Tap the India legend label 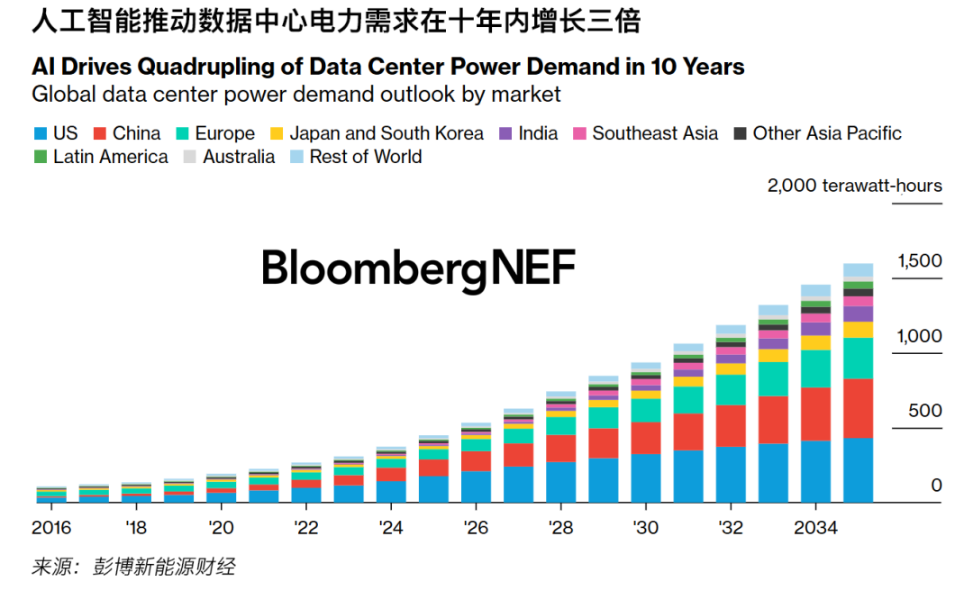[538, 133]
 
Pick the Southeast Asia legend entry [655, 133]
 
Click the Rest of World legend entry [365, 157]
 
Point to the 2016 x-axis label [51, 527]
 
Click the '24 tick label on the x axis [391, 527]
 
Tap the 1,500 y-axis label [919, 261]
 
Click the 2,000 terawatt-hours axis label [854, 186]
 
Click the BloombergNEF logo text [418, 268]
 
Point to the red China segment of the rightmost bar [858, 407]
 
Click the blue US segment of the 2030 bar [645, 477]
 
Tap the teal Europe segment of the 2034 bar [815, 368]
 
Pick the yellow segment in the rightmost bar [858, 330]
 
